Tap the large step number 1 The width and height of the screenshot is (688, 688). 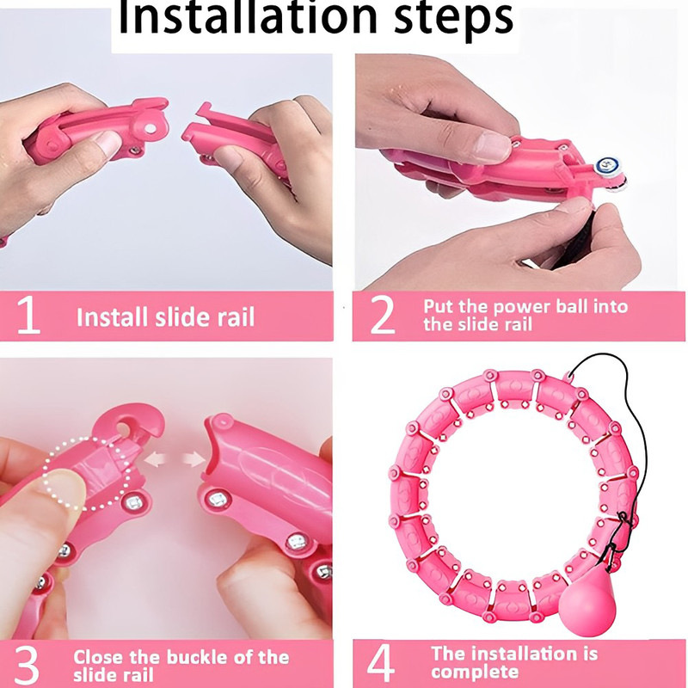(x=28, y=316)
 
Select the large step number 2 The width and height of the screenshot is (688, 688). (x=381, y=316)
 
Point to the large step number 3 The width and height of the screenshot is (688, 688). (x=28, y=663)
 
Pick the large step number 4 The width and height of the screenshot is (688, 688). (x=381, y=663)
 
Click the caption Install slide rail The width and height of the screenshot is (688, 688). (x=165, y=317)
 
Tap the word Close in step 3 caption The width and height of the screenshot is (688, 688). (x=101, y=658)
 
